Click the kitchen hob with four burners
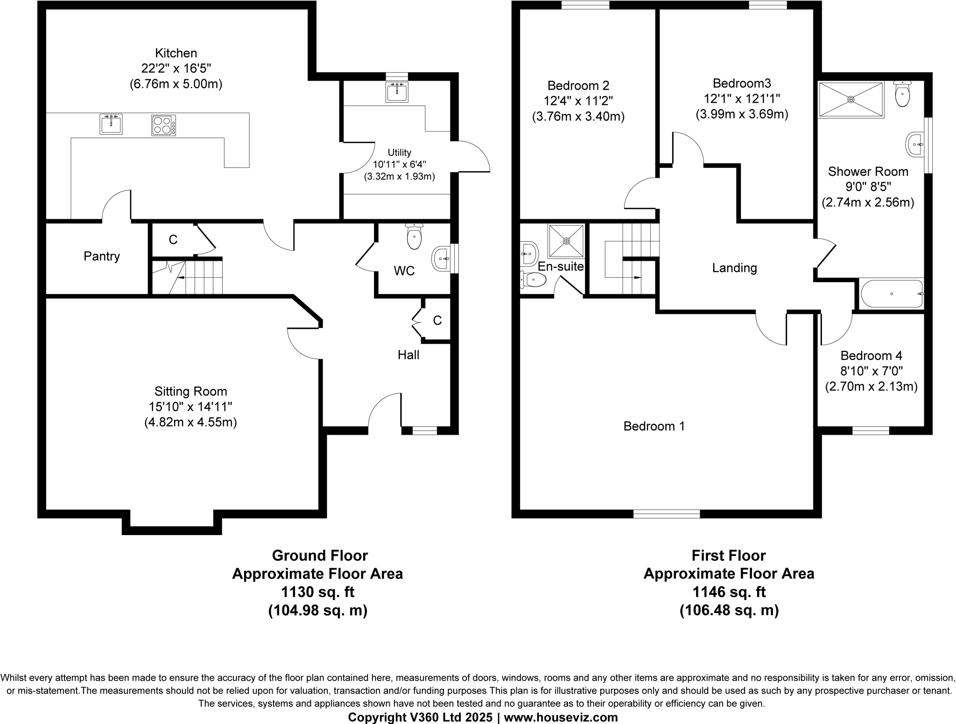[163, 125]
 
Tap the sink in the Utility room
[397, 92]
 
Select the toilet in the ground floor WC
[414, 237]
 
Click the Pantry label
[102, 256]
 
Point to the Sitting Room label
[190, 391]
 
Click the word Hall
[408, 355]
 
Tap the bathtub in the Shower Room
[891, 294]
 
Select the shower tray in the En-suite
[566, 241]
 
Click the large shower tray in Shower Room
[851, 99]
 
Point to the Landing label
[734, 268]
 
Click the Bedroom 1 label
[654, 426]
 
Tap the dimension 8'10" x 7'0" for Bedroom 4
[871, 371]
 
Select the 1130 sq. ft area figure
[317, 592]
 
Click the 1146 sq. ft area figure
[729, 592]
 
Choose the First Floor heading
[729, 556]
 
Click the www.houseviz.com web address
[560, 717]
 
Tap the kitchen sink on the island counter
[111, 125]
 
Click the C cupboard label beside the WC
[437, 320]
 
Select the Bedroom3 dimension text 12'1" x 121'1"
[742, 99]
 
